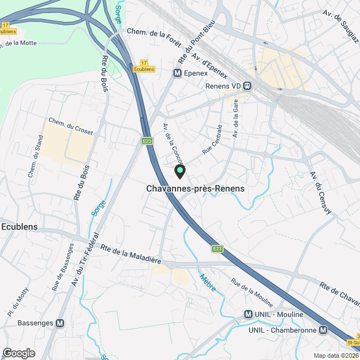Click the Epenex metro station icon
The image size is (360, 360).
pyautogui.click(x=177, y=73)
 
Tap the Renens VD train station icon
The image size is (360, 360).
pyautogui.click(x=247, y=86)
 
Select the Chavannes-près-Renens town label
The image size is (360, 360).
pyautogui.click(x=195, y=189)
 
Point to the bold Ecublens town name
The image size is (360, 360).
pyautogui.click(x=20, y=227)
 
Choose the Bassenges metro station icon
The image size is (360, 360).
pyautogui.click(x=60, y=323)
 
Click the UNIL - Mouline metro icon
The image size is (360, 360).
pyautogui.click(x=248, y=314)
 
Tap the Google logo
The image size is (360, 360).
pyautogui.click(x=18, y=353)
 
